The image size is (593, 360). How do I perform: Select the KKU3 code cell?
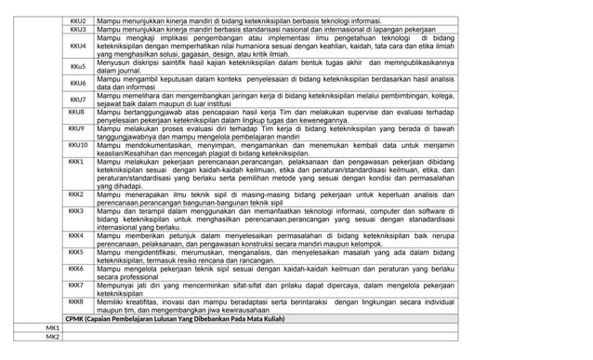(x=78, y=30)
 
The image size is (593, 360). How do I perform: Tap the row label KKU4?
(x=78, y=46)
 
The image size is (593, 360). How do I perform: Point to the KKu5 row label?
(x=78, y=66)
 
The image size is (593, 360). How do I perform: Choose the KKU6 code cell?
(x=78, y=83)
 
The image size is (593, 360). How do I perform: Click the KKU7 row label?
(x=78, y=99)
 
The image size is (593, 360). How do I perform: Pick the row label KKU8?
(x=77, y=112)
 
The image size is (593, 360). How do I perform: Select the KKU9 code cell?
(x=77, y=128)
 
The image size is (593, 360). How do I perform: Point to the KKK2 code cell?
(x=77, y=193)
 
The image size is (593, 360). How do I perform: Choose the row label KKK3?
(x=77, y=211)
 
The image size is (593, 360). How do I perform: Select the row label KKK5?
(x=77, y=251)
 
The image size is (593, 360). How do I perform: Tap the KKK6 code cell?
(x=77, y=268)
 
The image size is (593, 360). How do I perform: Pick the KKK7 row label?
(x=77, y=285)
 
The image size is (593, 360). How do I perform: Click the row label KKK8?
(x=77, y=301)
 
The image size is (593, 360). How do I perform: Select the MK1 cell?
(x=53, y=328)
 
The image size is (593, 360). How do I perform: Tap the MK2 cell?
(x=53, y=338)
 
